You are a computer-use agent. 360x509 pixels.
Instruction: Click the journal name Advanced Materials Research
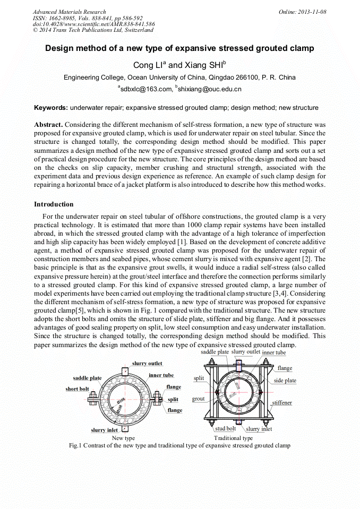pos(69,12)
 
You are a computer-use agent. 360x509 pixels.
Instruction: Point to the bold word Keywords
pos(50,108)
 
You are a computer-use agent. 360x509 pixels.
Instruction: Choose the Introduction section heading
pos(54,204)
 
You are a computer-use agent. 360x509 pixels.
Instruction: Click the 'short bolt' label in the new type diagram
pos(77,389)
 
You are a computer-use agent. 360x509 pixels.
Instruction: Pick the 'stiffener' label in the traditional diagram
pos(282,403)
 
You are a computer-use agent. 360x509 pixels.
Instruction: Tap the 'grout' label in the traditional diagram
pos(199,399)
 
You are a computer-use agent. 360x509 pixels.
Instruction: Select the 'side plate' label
pos(285,381)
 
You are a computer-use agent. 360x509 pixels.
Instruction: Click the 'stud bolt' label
pos(225,428)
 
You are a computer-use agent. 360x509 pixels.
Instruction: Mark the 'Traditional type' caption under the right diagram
pos(233,438)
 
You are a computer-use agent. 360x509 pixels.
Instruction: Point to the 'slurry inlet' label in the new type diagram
pos(105,430)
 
